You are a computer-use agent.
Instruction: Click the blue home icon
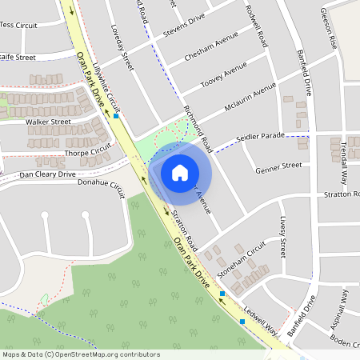pos(179,172)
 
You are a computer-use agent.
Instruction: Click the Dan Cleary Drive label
pos(48,174)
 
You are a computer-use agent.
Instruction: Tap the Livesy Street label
pos(282,237)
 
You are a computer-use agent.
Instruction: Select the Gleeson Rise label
pos(327,29)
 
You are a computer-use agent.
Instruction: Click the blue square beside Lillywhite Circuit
pos(116,116)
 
